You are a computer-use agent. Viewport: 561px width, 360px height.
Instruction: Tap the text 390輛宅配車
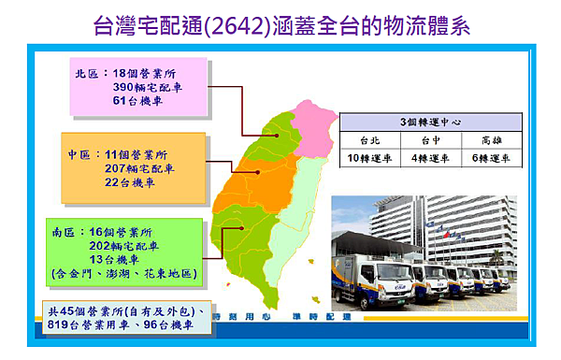(145, 87)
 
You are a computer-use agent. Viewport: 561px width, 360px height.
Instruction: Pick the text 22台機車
(135, 183)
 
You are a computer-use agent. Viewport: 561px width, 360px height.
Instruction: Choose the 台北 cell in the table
(370, 140)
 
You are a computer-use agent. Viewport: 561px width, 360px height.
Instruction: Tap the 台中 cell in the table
(430, 140)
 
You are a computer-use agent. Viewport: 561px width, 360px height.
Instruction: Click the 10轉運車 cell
(370, 158)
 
